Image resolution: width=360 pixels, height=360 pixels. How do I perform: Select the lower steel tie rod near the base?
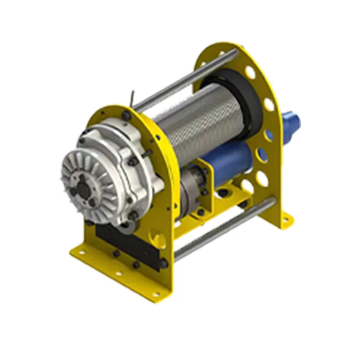tap(225, 229)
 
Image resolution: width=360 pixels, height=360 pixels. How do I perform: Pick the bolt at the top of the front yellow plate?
tap(126, 116)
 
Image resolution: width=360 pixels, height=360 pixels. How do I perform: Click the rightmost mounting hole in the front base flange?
tap(155, 294)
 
